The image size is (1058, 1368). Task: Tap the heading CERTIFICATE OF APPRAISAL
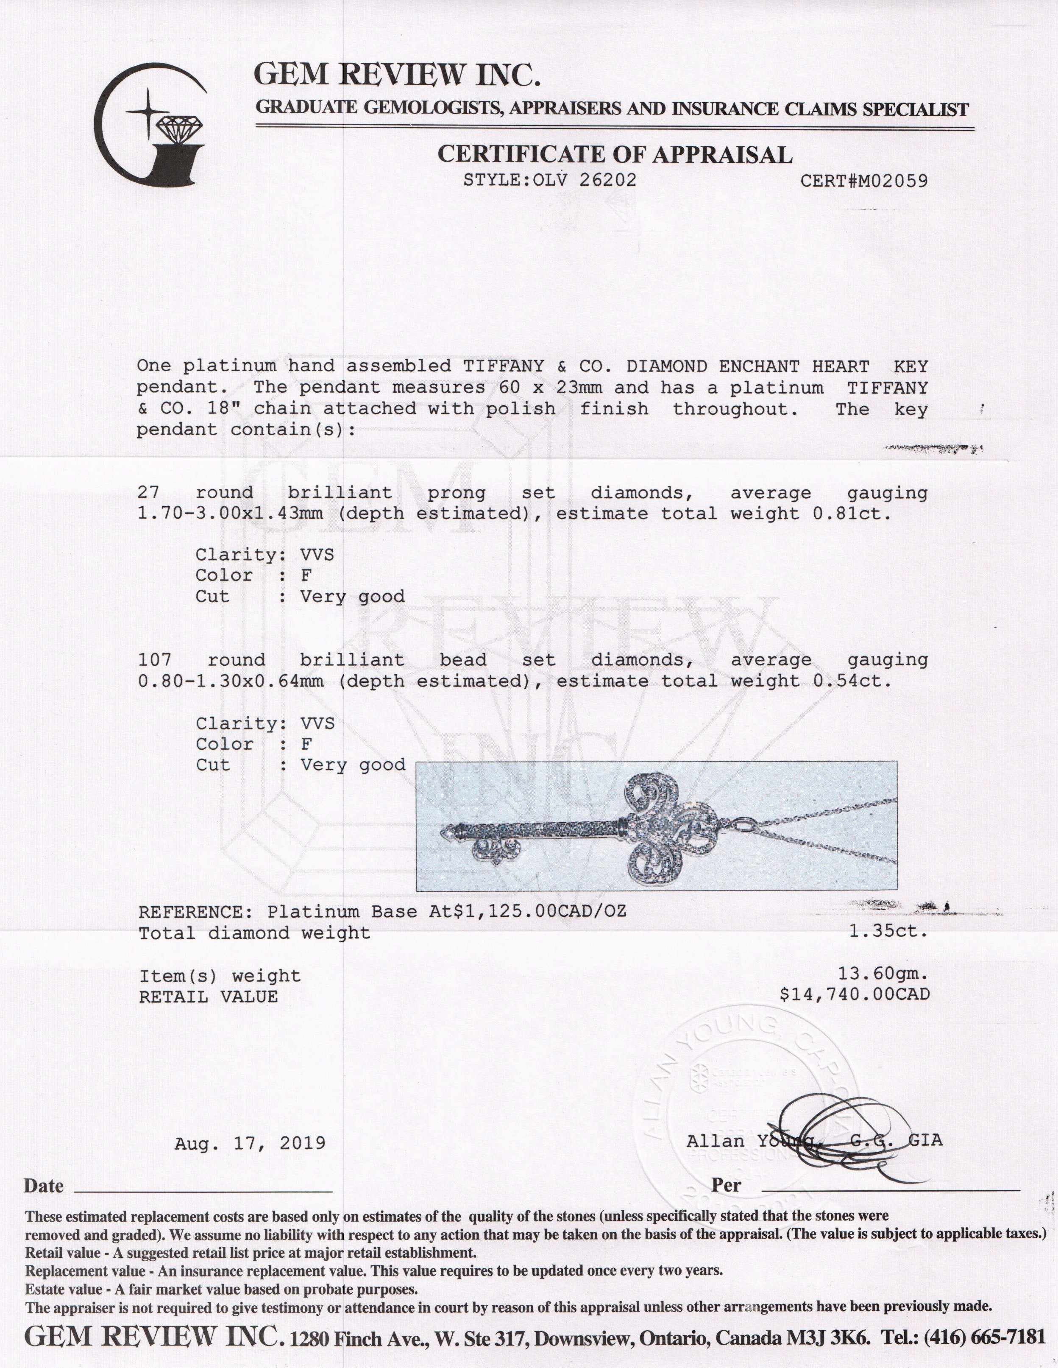614,154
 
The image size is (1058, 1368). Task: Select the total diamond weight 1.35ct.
888,931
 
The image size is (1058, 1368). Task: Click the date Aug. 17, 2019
250,1143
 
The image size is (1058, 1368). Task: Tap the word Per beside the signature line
726,1186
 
